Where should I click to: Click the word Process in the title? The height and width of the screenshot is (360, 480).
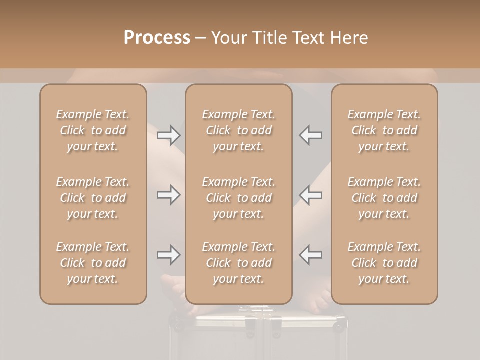157,38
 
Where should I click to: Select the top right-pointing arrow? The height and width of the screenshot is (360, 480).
168,135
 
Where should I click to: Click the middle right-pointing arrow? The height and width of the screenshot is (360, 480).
168,195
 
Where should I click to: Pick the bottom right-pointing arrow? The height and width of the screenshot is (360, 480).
168,255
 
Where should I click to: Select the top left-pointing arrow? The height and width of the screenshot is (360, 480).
311,135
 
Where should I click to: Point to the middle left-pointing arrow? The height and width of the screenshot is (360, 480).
311,195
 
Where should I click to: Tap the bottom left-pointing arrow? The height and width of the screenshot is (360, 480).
311,255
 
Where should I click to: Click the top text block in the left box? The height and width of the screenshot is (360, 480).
93,130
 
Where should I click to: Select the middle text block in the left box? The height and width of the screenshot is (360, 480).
93,198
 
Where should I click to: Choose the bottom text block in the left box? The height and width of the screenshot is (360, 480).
93,263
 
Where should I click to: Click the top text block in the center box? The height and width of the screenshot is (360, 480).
239,130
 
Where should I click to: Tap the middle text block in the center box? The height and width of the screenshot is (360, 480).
239,198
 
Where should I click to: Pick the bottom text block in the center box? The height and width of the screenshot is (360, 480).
239,263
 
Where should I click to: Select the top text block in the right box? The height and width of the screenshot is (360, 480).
384,130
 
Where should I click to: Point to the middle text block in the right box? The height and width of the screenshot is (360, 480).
384,198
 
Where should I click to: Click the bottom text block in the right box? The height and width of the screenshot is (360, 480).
384,263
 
